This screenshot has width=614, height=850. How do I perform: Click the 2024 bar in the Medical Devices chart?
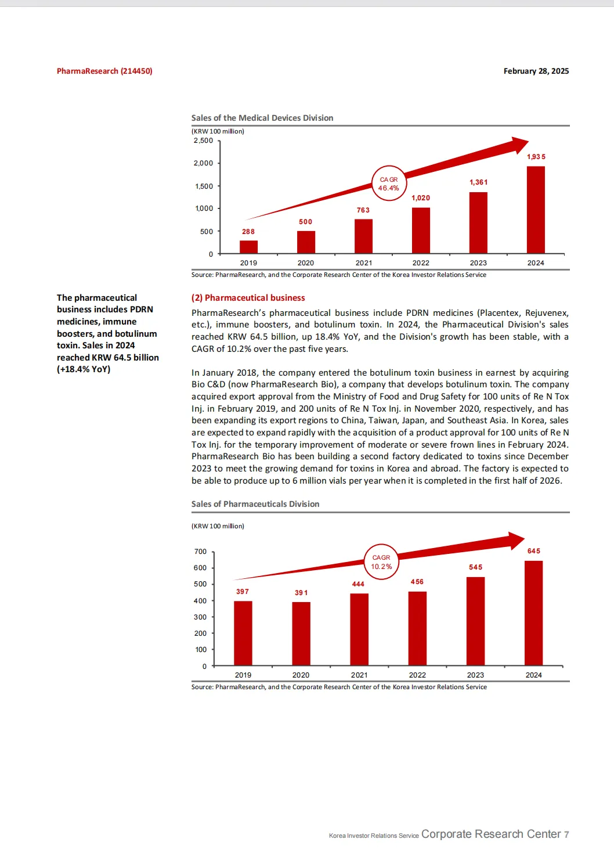point(536,210)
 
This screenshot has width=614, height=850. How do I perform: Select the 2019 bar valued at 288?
point(248,247)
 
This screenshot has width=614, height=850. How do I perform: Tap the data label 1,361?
point(479,182)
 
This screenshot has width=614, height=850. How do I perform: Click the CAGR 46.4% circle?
point(389,183)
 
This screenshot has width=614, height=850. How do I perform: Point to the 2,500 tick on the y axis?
point(203,141)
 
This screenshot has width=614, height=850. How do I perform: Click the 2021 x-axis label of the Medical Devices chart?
point(363,263)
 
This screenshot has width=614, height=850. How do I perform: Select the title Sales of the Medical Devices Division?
point(262,118)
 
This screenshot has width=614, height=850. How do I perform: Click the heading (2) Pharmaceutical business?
point(248,298)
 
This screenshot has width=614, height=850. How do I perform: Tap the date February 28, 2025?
point(536,71)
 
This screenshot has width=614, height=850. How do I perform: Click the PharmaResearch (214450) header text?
point(104,71)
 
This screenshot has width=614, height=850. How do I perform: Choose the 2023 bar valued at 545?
point(475,621)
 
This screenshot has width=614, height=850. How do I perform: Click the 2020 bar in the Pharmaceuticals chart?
point(301,633)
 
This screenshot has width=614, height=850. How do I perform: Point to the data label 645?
point(534,551)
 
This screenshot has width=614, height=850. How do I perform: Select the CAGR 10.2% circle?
point(381,562)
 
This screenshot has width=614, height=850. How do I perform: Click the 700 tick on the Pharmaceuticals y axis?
point(200,552)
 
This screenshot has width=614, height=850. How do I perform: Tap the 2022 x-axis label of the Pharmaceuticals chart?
point(417,675)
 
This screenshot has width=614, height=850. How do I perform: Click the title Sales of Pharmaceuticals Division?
point(255,504)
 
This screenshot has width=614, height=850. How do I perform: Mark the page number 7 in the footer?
point(566,834)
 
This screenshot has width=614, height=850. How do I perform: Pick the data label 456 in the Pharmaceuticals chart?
point(417,582)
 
